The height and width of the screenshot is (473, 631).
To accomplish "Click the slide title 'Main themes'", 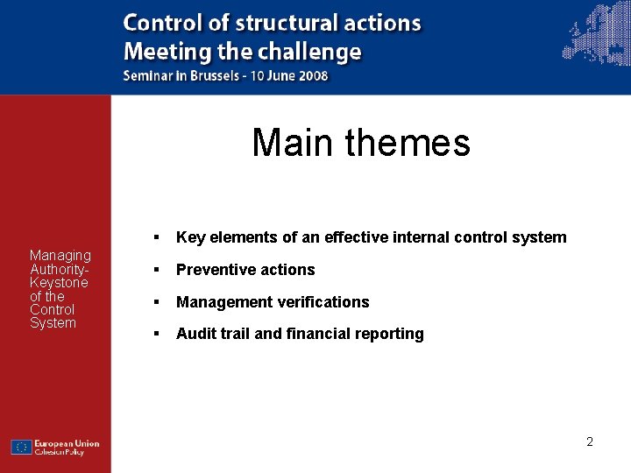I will pos(360,143).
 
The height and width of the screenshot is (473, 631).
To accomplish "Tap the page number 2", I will pos(590,442).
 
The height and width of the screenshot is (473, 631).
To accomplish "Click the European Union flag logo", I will pos(21,447).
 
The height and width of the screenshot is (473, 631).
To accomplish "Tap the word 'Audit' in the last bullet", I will pos(195,334).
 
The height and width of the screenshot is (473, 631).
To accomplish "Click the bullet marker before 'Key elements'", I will pos(154,237).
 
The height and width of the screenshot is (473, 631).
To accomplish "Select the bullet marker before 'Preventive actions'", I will pos(154,270).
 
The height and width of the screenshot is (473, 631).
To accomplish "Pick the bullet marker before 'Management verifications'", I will pos(154,302).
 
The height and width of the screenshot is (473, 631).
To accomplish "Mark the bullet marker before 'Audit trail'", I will pos(154,334).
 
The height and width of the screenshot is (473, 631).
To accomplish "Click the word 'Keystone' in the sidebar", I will pos(59,283).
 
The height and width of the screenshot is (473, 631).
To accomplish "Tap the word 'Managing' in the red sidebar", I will pos(60,256).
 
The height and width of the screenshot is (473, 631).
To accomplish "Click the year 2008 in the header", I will pos(313,75).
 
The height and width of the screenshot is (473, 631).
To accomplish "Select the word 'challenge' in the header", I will pos(315,51).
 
